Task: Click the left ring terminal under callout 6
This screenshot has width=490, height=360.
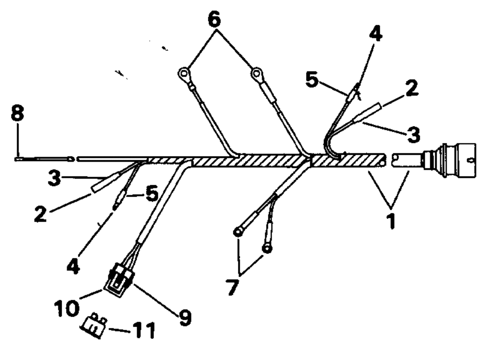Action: tap(183, 74)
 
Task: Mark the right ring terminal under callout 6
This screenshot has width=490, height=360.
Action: tap(256, 74)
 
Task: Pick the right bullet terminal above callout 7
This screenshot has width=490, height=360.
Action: tap(267, 249)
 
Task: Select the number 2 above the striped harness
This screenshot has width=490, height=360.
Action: tap(411, 89)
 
